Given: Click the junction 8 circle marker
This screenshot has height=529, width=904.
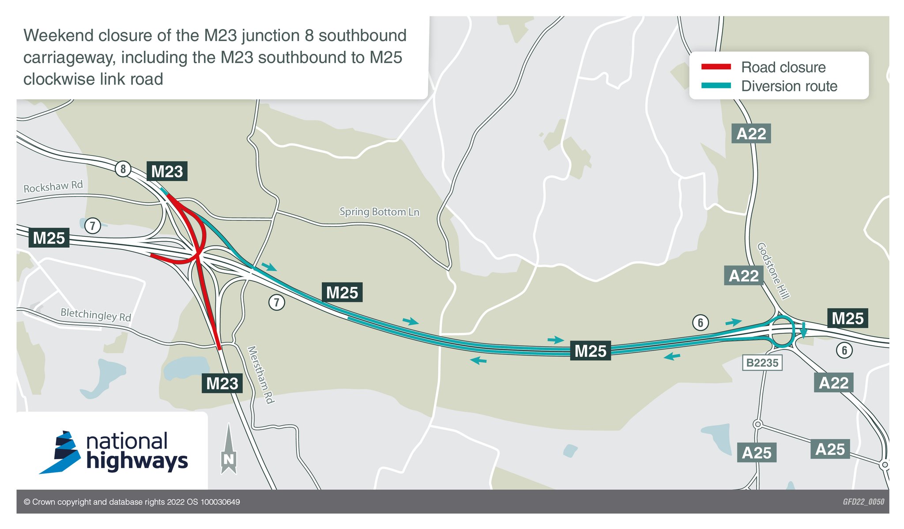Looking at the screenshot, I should [x=123, y=169].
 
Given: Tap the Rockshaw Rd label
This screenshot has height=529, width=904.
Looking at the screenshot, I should [x=53, y=186].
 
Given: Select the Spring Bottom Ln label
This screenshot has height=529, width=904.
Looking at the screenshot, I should [x=379, y=212].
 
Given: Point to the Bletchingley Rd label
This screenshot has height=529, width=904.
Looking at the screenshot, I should [x=96, y=314].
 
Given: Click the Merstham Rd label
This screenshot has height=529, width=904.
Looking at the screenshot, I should [x=261, y=374].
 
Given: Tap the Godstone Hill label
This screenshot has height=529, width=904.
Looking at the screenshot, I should [x=773, y=271].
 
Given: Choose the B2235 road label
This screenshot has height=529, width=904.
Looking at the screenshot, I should [x=762, y=363].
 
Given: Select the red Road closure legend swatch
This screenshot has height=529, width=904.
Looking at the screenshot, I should [x=716, y=67].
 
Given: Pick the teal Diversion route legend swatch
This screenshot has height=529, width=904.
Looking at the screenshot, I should [x=716, y=86].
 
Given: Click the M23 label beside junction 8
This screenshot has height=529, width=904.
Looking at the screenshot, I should [x=167, y=171].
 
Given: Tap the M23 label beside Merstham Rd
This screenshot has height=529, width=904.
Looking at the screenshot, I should [x=222, y=383].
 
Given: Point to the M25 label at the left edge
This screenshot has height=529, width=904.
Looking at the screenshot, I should [x=49, y=238].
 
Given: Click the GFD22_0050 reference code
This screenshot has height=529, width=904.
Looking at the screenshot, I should [x=863, y=502].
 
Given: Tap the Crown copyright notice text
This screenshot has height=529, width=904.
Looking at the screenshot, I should [x=132, y=502].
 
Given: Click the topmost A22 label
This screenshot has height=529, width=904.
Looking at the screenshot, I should [x=751, y=133].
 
